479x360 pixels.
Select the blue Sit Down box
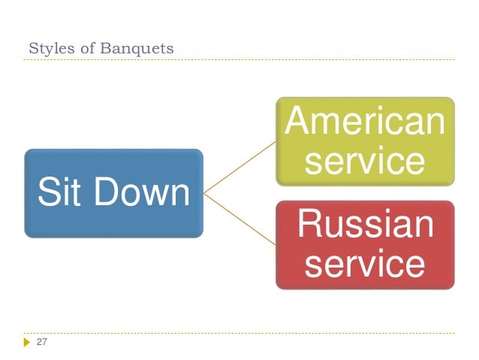click(x=113, y=193)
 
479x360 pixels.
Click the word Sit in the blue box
click(x=61, y=192)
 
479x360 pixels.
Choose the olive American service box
click(x=365, y=141)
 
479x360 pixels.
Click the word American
click(x=365, y=121)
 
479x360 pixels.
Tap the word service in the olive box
click(x=365, y=160)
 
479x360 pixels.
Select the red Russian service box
click(x=365, y=245)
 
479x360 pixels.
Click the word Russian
click(x=365, y=225)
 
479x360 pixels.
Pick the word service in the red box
click(x=365, y=265)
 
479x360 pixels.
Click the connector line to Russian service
click(x=240, y=219)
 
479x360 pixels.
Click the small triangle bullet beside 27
click(x=28, y=342)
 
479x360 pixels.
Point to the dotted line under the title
click(x=240, y=60)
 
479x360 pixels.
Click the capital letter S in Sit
click(x=47, y=192)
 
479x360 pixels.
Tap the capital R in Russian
click(x=309, y=225)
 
